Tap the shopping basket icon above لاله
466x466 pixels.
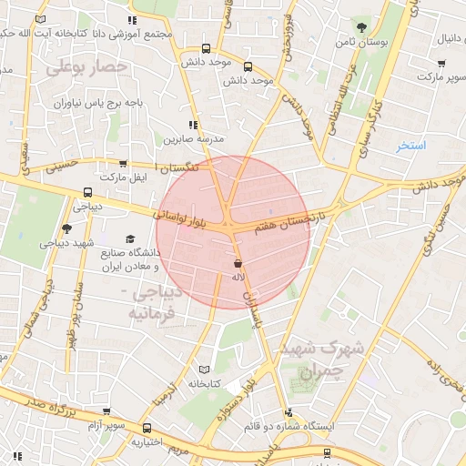pyautogui.click(x=238, y=263)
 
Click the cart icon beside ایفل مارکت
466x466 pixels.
pyautogui.click(x=123, y=166)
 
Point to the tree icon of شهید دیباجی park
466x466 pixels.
pyautogui.click(x=66, y=229)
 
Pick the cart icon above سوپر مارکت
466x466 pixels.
pyautogui.click(x=441, y=64)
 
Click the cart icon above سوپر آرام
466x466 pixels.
pyautogui.click(x=107, y=410)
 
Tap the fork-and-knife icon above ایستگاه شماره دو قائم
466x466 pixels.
pyautogui.click(x=289, y=411)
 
